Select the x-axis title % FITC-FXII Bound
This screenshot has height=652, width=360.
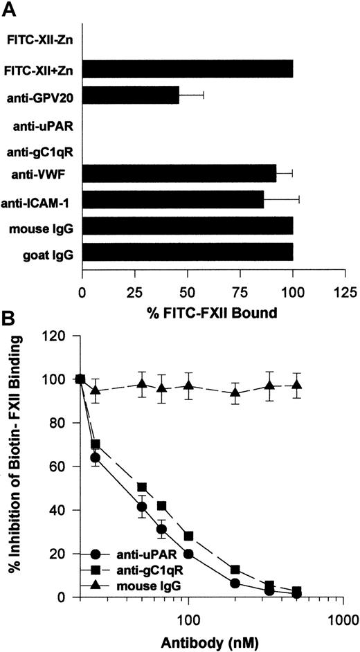pyautogui.click(x=214, y=312)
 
